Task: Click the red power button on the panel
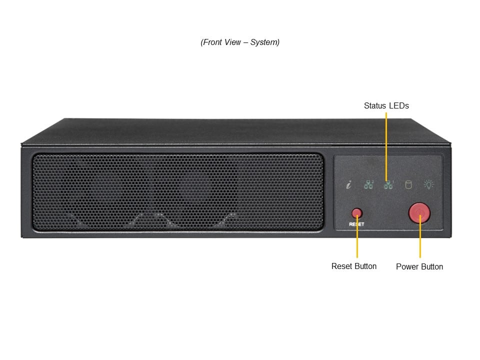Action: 419,212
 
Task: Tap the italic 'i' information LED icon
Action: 349,185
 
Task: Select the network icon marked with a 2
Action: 369,184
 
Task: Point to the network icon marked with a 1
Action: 388,184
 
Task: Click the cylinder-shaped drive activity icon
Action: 408,184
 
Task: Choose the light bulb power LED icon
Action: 429,184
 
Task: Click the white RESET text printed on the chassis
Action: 356,224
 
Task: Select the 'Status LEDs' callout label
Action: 386,105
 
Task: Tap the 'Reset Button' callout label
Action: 354,266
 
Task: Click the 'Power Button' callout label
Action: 419,266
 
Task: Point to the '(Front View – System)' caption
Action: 240,42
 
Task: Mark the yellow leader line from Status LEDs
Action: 386,145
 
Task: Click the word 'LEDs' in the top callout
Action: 399,105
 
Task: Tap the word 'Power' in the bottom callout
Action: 407,266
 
